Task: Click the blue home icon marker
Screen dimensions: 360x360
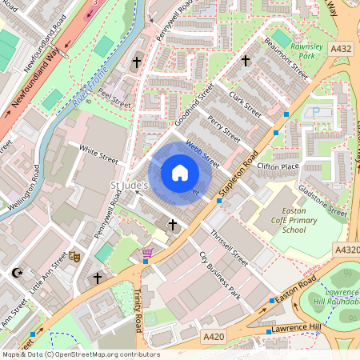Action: [180, 172]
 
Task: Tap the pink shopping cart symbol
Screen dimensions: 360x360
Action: [147, 254]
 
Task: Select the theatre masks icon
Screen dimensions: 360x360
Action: [74, 257]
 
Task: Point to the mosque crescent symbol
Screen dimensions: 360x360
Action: [17, 274]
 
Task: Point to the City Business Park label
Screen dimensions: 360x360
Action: [219, 274]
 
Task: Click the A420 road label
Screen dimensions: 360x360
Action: [214, 337]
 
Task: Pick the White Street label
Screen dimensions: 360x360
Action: [98, 154]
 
